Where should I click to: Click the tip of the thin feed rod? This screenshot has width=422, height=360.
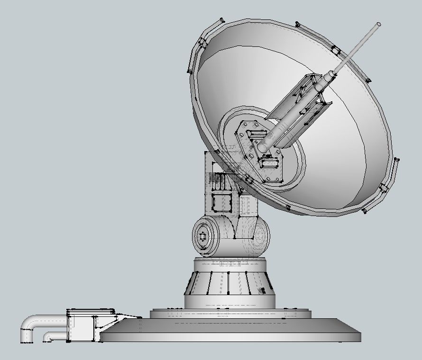coord(378,24)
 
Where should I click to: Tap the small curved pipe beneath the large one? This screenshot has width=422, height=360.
coord(51,336)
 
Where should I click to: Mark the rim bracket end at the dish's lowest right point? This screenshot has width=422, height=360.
coord(365,210)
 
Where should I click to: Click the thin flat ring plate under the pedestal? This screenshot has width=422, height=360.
coord(230,313)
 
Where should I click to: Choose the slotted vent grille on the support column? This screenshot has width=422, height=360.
coord(220,181)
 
